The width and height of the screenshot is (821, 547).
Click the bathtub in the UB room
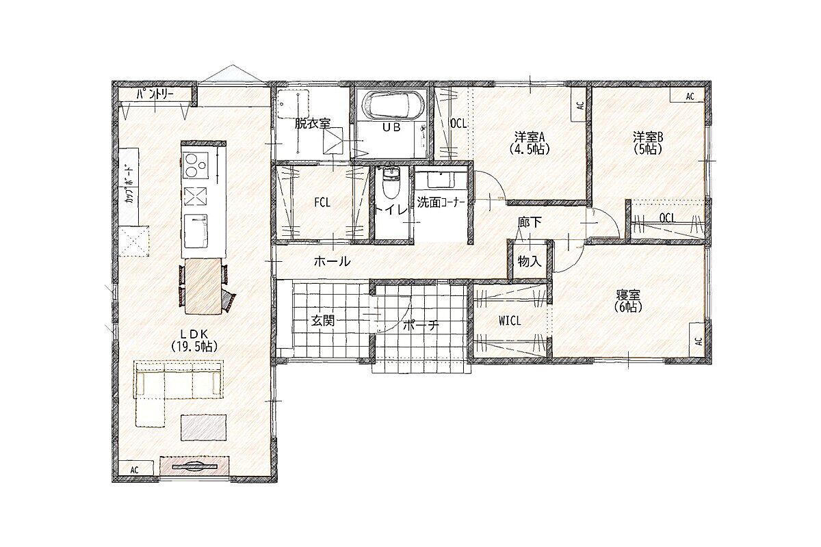pos(394,105)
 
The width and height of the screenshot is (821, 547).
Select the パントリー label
pos(155,95)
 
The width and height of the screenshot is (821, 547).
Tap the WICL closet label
pos(510,321)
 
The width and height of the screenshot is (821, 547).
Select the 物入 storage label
pos(530,262)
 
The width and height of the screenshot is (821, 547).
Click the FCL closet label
pos(322,202)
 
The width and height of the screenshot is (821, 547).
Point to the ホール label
pos(332,261)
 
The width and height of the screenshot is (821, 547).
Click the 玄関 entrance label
pos(323,321)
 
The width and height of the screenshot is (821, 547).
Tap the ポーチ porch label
pos(421,325)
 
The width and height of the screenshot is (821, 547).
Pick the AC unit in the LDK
pos(135,469)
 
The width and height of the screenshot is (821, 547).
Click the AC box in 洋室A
pos(579,105)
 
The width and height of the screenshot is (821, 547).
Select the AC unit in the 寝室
pos(697,341)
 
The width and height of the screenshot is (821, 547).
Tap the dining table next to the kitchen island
pos(204,286)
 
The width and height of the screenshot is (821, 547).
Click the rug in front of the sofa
pos(203,427)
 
